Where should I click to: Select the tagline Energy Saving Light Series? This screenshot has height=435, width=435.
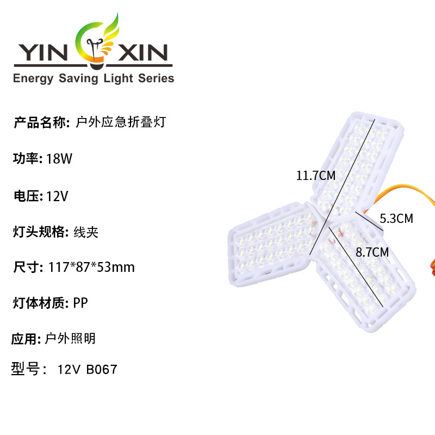click(93, 78)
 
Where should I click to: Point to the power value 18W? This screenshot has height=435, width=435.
click(59, 159)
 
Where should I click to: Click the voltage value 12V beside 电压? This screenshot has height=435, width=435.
click(57, 196)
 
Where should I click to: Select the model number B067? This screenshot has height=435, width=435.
click(101, 370)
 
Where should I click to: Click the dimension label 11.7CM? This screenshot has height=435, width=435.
click(315, 176)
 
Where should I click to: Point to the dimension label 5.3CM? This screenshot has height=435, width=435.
click(396, 219)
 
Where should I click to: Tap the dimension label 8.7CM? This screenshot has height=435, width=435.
click(372, 252)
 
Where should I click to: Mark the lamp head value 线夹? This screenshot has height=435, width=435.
click(85, 232)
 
